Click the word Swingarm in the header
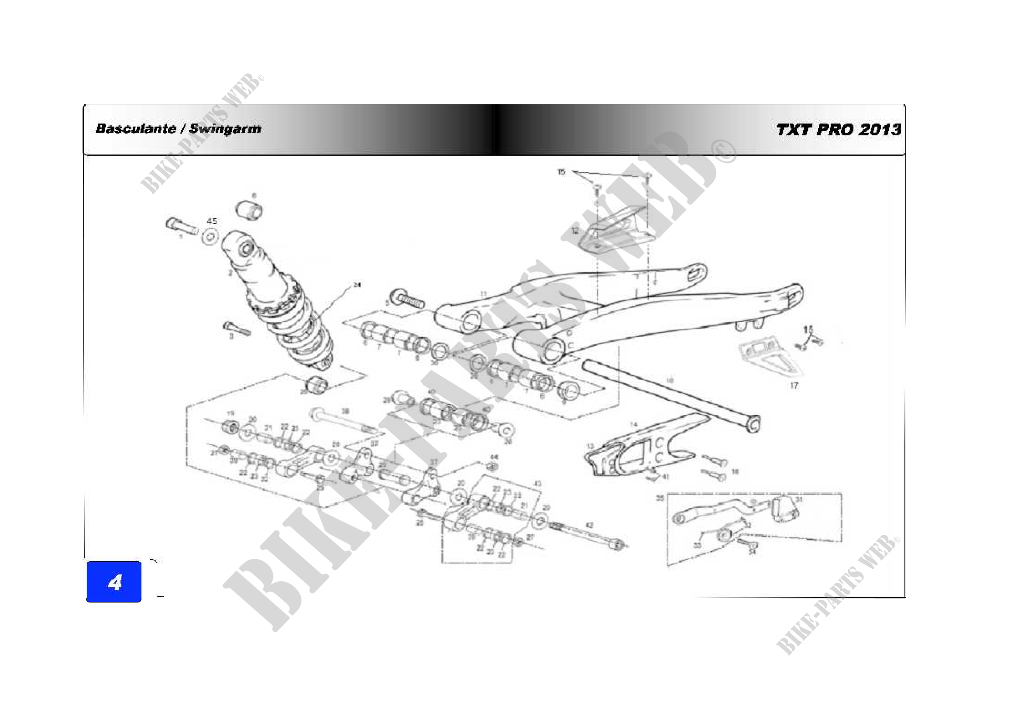(x=225, y=129)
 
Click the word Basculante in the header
(x=136, y=129)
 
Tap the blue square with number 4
(x=114, y=581)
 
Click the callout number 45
(x=212, y=221)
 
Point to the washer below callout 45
(x=210, y=236)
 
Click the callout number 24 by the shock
(x=357, y=285)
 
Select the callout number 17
(x=794, y=385)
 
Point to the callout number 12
(x=575, y=231)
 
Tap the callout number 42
(x=589, y=526)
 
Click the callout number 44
(x=494, y=457)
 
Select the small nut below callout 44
(x=492, y=466)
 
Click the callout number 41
(x=665, y=477)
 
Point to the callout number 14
(x=634, y=425)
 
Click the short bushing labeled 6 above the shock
(x=249, y=210)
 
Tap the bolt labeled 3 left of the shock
(x=237, y=329)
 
